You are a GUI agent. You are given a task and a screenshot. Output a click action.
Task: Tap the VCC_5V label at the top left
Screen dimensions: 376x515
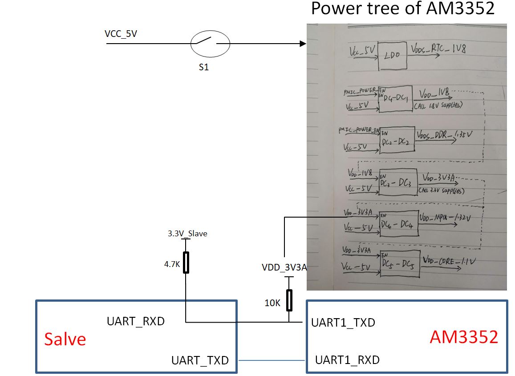(120, 34)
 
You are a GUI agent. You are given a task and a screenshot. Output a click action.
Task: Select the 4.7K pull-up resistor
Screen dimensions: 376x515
(186, 262)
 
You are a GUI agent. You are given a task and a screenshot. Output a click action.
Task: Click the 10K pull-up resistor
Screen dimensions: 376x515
(289, 299)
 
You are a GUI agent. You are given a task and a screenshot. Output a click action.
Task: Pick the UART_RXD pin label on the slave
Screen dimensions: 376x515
(136, 321)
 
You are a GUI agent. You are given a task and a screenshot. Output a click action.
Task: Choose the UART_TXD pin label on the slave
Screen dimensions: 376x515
(200, 360)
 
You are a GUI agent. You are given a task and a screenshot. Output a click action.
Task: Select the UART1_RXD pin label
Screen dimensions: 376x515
(347, 360)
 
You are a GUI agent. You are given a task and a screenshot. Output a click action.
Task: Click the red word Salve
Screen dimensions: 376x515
(65, 339)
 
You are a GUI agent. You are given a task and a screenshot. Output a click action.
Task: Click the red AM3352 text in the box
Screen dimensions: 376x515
(464, 337)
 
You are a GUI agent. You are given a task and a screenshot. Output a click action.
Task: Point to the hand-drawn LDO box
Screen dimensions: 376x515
(392, 57)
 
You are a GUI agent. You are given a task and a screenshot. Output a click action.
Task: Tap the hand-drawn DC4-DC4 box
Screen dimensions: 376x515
(398, 224)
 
